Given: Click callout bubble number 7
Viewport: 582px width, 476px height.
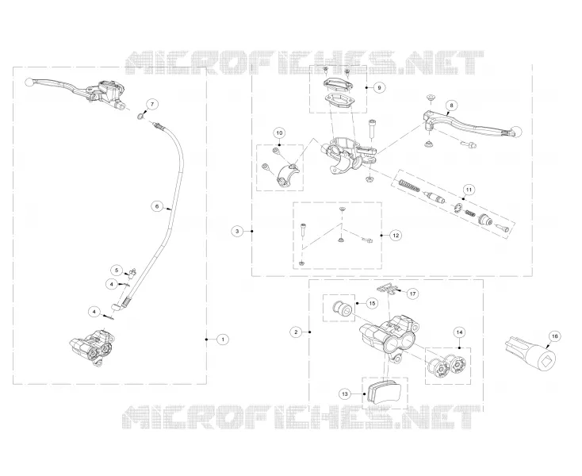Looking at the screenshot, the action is [x=151, y=105].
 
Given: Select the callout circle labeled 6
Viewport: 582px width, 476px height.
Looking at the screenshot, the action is [x=157, y=206].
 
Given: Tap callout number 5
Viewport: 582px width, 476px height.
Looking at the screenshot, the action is [x=117, y=271].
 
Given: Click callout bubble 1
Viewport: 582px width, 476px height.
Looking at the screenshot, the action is [x=223, y=339].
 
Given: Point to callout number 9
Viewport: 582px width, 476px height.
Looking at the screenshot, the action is [x=379, y=87].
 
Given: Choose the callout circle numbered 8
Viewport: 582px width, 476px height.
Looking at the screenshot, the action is [x=451, y=106].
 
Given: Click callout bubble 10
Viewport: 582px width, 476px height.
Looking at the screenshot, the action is [x=279, y=133].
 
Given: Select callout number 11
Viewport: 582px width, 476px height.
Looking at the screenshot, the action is [x=469, y=190].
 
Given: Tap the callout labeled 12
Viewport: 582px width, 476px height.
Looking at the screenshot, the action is [x=396, y=235].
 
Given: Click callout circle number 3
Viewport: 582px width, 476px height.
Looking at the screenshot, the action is [x=238, y=232].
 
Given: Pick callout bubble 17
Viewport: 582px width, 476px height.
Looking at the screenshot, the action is [x=413, y=294].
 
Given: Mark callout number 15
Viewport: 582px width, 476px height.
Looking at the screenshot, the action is [x=372, y=303].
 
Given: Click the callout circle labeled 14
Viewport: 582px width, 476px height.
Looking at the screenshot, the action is [x=460, y=332].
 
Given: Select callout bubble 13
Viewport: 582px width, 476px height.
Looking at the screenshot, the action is [x=345, y=393].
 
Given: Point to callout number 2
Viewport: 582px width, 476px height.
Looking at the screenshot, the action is [x=296, y=332].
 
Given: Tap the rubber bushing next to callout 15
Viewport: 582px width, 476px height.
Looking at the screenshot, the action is [x=342, y=309].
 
